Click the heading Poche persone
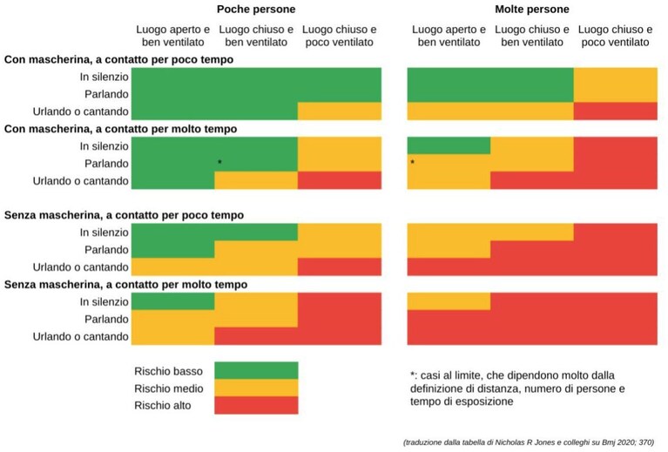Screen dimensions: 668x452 pyautogui.click(x=256, y=10)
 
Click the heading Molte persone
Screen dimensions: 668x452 pyautogui.click(x=531, y=10)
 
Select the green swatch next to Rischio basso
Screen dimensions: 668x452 pyautogui.click(x=256, y=371)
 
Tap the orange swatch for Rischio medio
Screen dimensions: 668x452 pyautogui.click(x=256, y=388)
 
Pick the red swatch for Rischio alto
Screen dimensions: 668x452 pyautogui.click(x=256, y=405)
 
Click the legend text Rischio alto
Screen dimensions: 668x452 pyautogui.click(x=162, y=405)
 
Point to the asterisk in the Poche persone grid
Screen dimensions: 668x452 pyautogui.click(x=219, y=162)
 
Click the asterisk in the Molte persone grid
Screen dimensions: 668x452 pyautogui.click(x=413, y=162)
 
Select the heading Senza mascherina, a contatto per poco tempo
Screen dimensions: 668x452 pyautogui.click(x=124, y=215)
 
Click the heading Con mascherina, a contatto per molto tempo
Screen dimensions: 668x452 pyautogui.click(x=120, y=129)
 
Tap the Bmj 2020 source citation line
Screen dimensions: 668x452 pyautogui.click(x=529, y=442)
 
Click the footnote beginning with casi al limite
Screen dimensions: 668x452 pyautogui.click(x=517, y=388)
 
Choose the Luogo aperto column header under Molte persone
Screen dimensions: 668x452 pyautogui.click(x=449, y=36)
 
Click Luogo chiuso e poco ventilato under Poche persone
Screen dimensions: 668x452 pyautogui.click(x=340, y=36)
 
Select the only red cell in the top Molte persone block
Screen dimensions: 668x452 pyautogui.click(x=615, y=111)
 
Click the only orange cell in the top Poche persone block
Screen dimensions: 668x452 pyautogui.click(x=340, y=111)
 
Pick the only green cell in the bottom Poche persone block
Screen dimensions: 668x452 pyautogui.click(x=172, y=301)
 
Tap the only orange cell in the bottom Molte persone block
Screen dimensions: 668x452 pyautogui.click(x=449, y=301)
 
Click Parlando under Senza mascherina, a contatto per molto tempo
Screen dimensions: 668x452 pyautogui.click(x=106, y=319)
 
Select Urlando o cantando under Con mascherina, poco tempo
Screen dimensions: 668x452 pyautogui.click(x=80, y=111)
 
